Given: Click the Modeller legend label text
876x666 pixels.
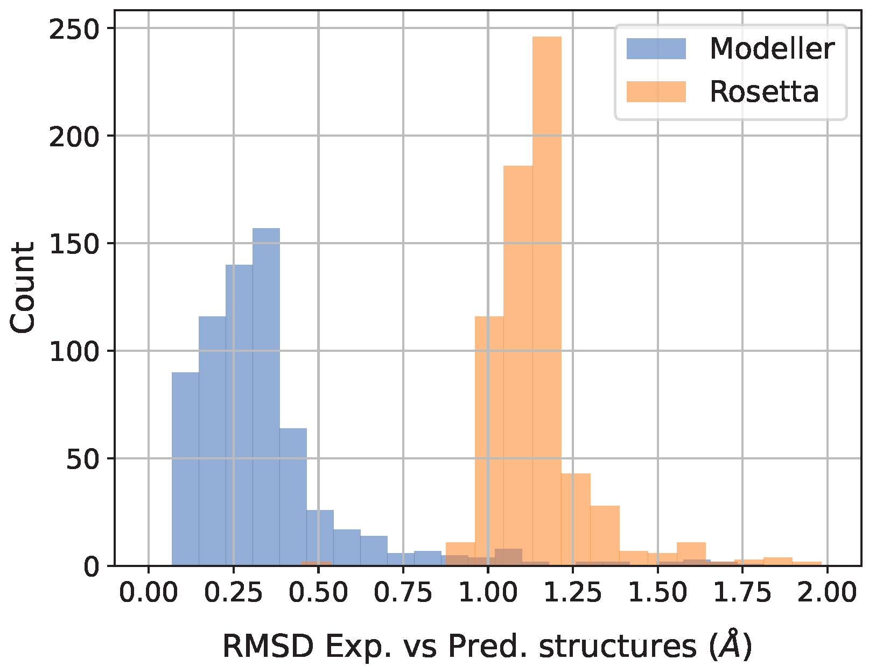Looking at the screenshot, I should pyautogui.click(x=772, y=49).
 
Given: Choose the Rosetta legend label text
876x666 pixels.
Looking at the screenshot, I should pyautogui.click(x=764, y=92).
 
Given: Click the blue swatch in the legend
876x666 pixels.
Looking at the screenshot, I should pyautogui.click(x=656, y=49).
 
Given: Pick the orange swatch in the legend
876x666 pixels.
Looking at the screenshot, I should pyautogui.click(x=656, y=92).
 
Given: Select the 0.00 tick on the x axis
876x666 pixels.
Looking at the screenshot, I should pyautogui.click(x=148, y=593).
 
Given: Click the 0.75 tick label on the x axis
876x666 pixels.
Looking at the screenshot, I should pyautogui.click(x=403, y=593).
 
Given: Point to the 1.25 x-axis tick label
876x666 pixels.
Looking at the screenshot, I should pyautogui.click(x=572, y=593).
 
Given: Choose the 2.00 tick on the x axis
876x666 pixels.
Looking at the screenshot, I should pyautogui.click(x=827, y=593).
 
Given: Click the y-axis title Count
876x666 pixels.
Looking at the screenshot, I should pyautogui.click(x=23, y=288).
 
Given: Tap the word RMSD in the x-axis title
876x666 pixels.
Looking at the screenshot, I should pyautogui.click(x=268, y=646).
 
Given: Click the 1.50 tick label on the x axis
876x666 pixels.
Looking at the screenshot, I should pyautogui.click(x=657, y=593).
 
